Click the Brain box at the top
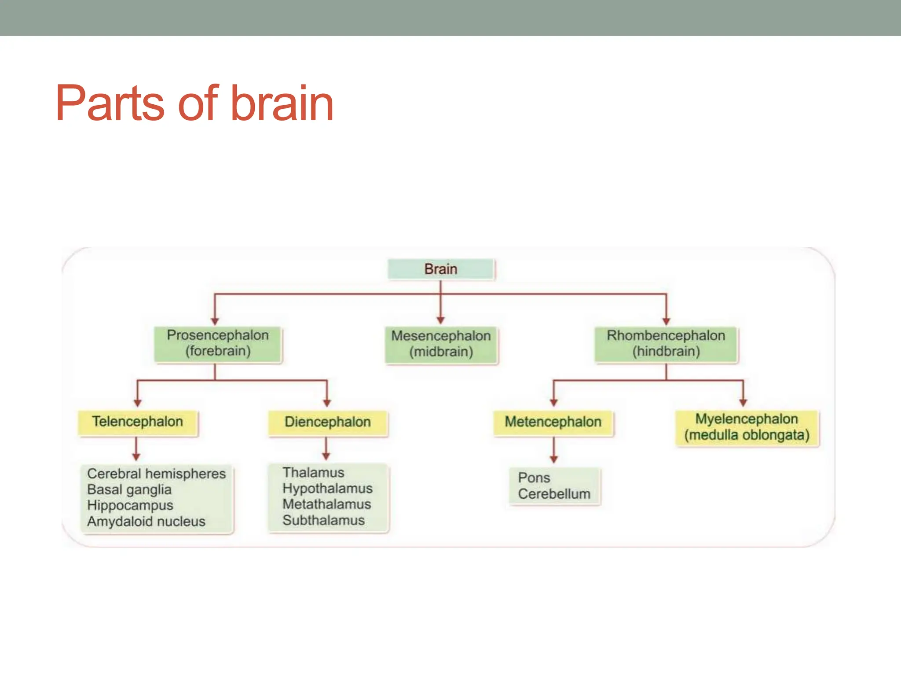441,269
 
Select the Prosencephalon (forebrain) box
218,343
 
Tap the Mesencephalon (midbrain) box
441,344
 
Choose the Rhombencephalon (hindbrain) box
666,344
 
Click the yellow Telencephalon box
138,422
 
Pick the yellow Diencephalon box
328,422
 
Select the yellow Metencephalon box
553,422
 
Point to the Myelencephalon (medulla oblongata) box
747,427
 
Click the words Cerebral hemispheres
156,474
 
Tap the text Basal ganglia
129,490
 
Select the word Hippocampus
130,506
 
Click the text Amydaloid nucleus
146,522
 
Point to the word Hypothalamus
327,489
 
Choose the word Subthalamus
323,521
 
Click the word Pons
534,478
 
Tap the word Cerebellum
554,494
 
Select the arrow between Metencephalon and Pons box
554,450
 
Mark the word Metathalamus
326,504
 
